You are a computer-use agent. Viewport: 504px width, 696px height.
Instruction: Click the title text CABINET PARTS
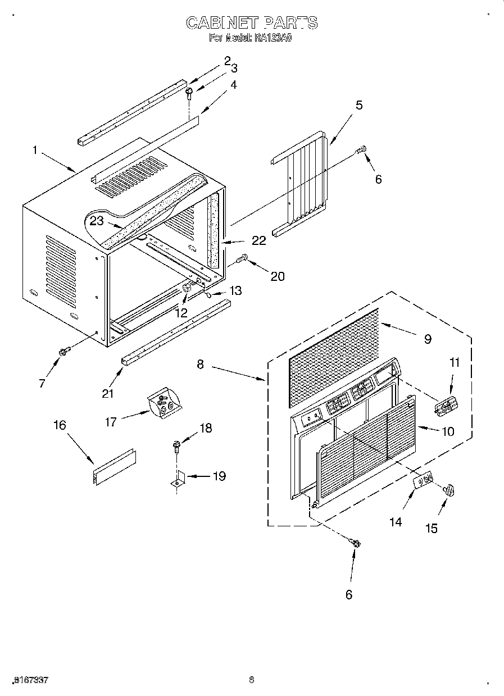[x=252, y=22]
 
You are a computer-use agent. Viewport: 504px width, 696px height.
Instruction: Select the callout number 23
[x=97, y=221]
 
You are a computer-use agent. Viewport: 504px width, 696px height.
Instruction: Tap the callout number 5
[x=358, y=104]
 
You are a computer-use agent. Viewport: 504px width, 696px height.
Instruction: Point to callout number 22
[x=258, y=240]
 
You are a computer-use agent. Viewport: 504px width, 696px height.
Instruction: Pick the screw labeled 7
[x=63, y=351]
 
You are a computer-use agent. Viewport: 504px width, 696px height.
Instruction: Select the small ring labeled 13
[x=207, y=294]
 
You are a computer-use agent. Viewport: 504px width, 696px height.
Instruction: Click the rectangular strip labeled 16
[x=114, y=466]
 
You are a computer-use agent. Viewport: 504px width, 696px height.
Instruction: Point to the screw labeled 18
[x=176, y=448]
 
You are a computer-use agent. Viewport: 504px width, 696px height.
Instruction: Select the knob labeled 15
[x=450, y=490]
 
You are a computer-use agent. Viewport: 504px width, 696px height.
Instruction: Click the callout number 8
[x=200, y=363]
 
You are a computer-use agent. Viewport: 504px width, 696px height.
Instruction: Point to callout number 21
[x=108, y=393]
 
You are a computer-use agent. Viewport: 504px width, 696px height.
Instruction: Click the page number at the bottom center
[x=252, y=680]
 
